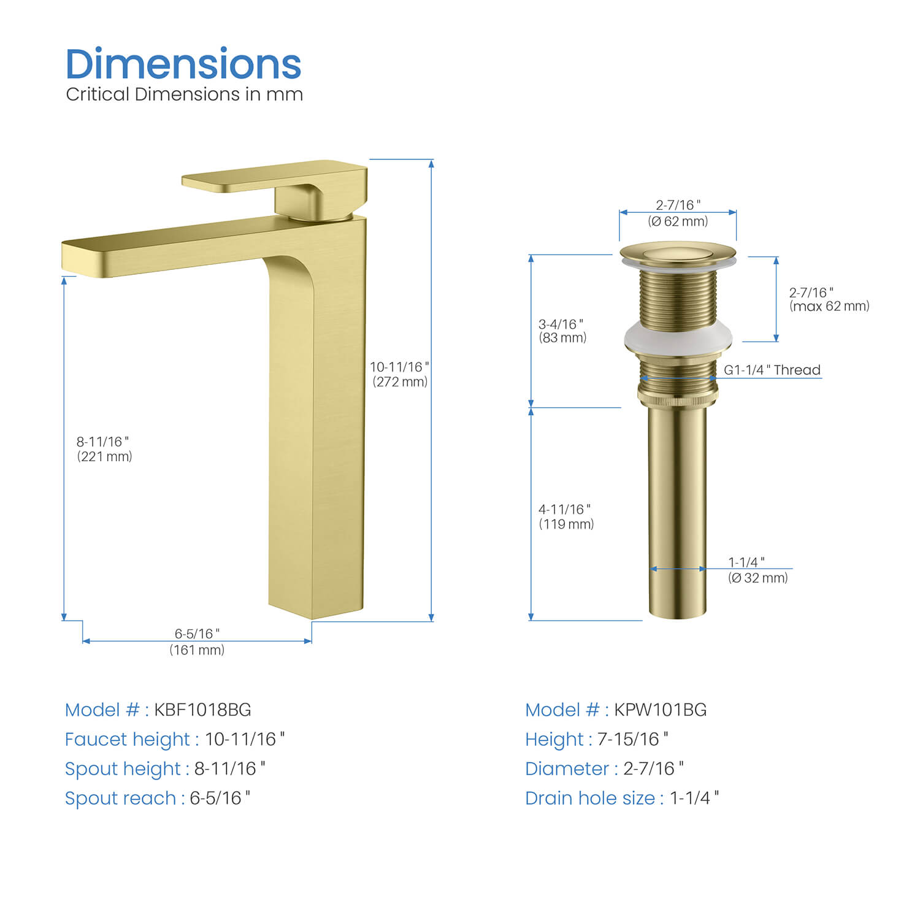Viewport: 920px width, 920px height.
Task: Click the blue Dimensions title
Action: [183, 64]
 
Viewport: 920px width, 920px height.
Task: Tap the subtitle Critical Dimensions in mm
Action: [184, 94]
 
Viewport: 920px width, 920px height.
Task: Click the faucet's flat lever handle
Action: [274, 175]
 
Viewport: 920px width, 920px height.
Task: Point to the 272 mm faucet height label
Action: [400, 374]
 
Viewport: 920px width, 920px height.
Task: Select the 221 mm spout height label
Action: [104, 449]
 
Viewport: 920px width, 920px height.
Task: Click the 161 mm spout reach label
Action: [197, 642]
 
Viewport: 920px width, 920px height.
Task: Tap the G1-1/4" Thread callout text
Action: [772, 370]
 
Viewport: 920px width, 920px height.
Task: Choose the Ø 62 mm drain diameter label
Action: [678, 213]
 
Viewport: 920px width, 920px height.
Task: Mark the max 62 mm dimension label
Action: [829, 299]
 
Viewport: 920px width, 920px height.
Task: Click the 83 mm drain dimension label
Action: [562, 331]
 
